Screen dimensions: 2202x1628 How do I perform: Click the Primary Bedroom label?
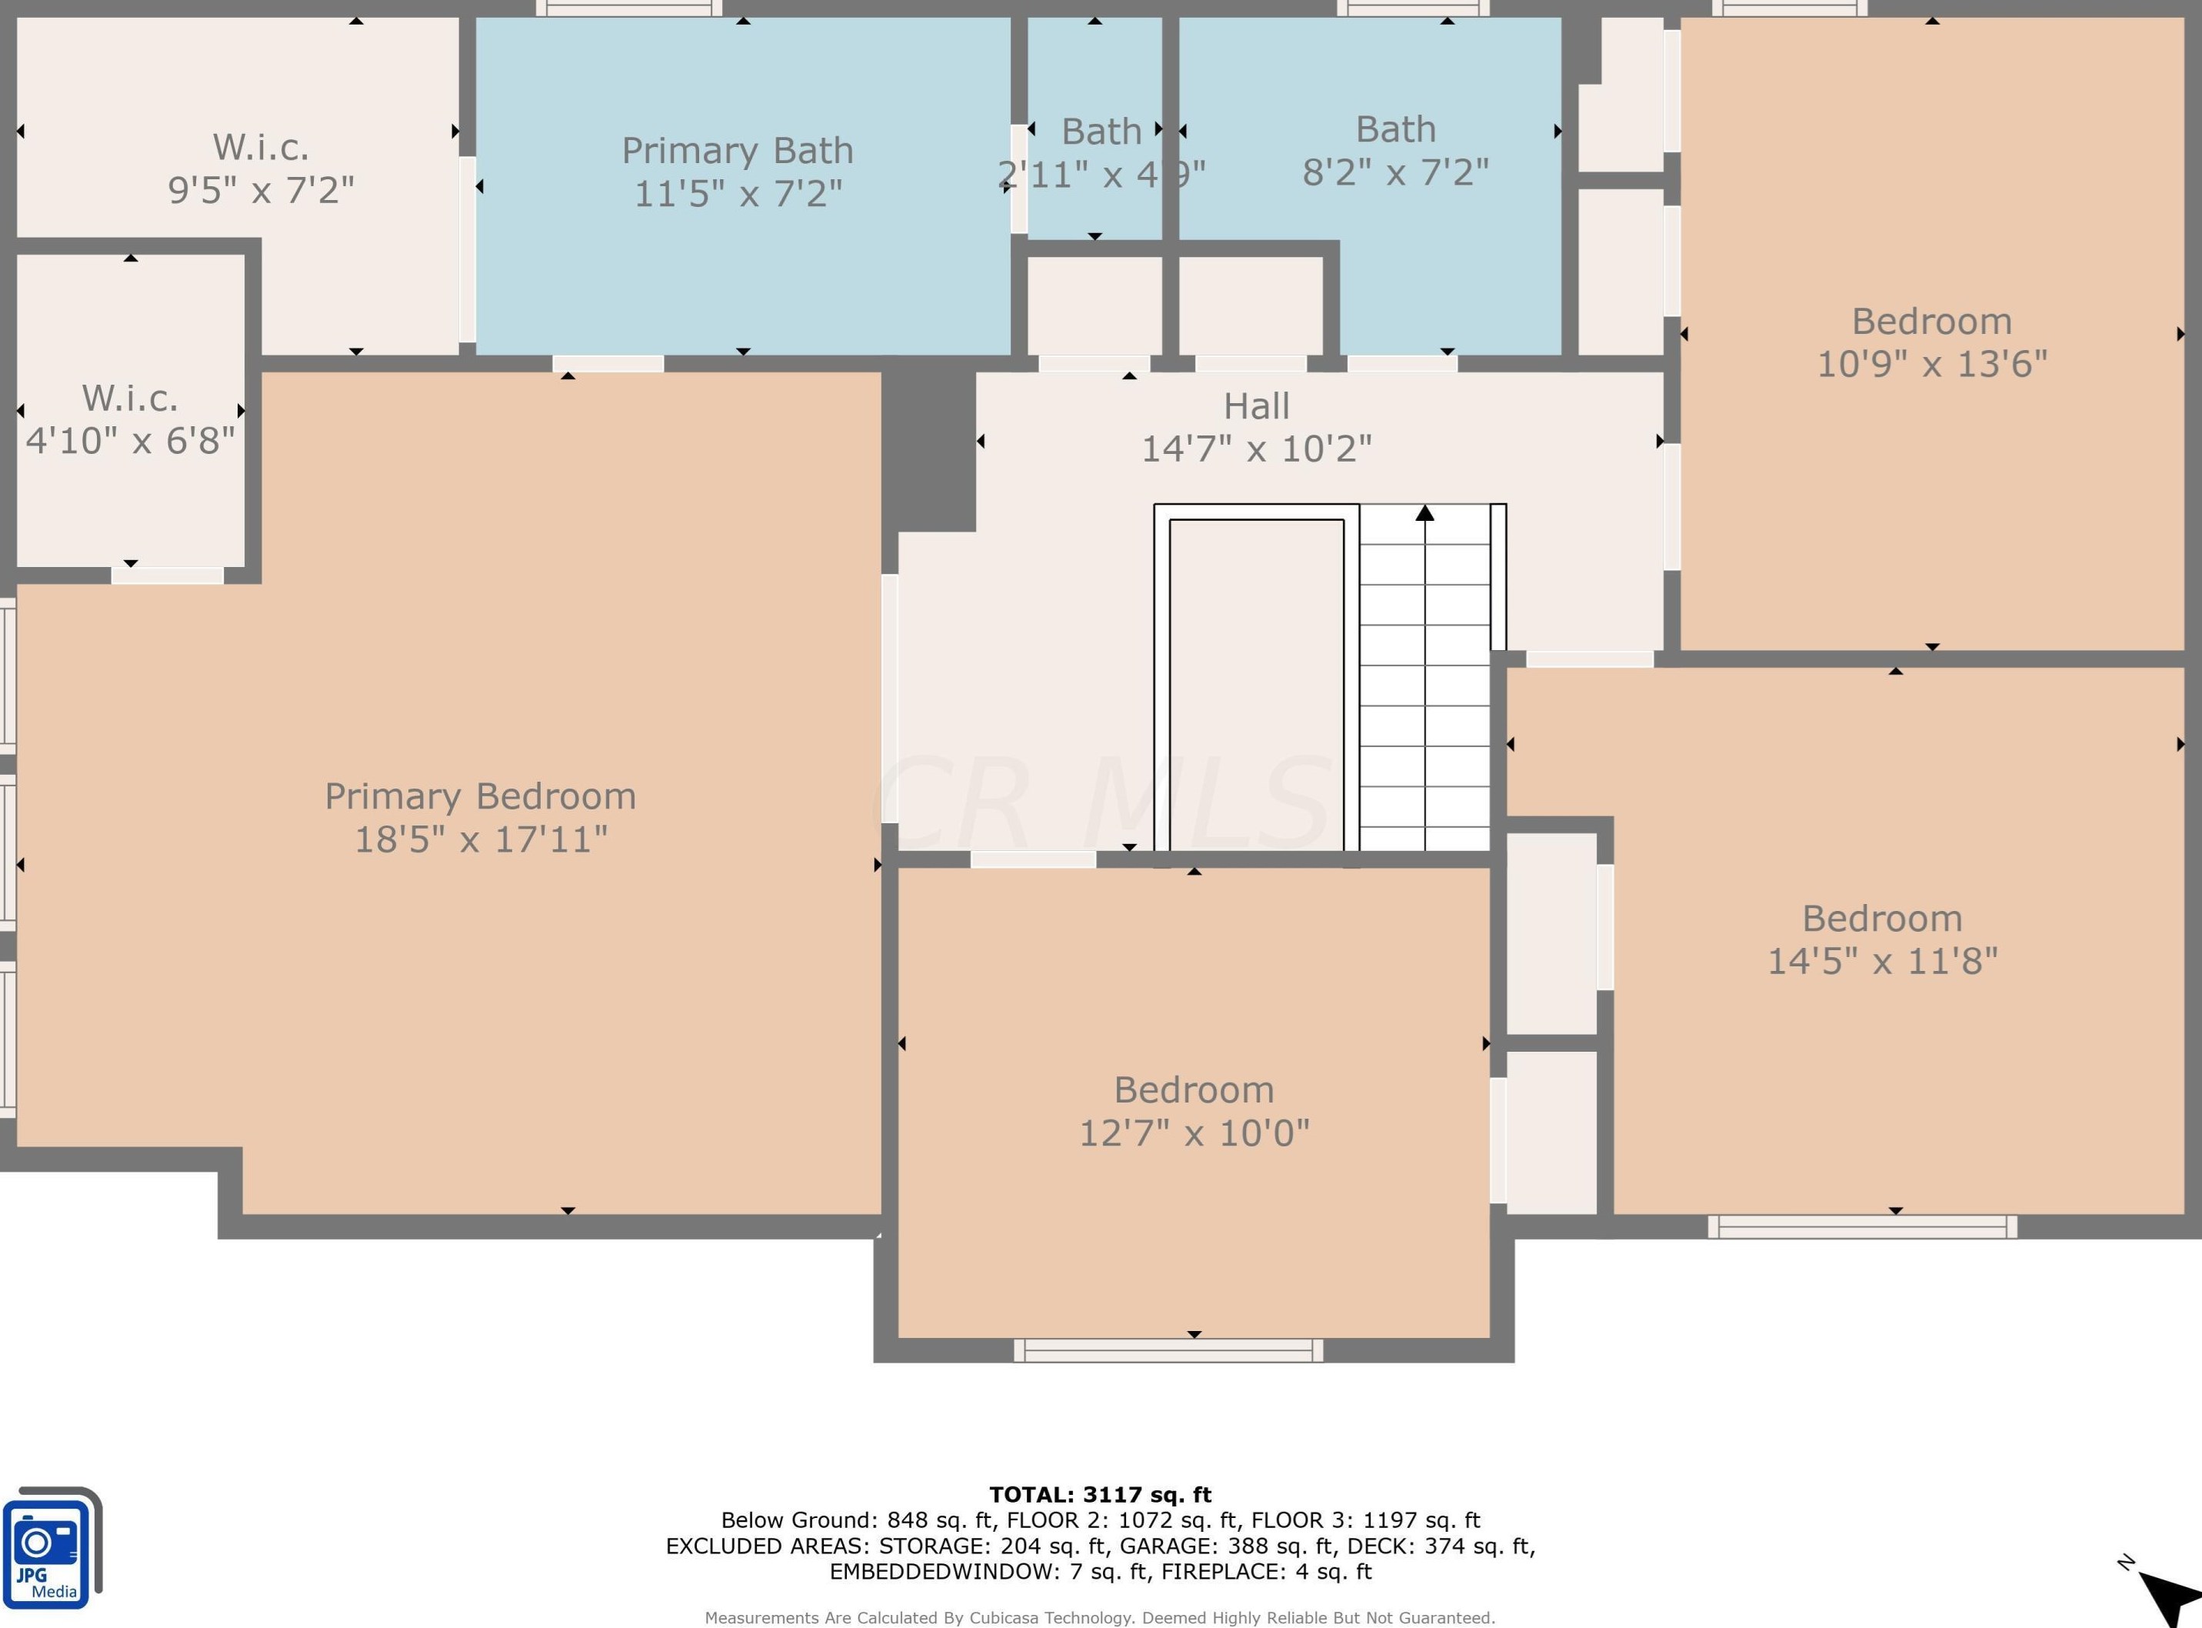click(480, 796)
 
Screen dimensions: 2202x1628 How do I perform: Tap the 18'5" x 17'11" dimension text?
click(480, 839)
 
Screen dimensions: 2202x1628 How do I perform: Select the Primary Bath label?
click(737, 151)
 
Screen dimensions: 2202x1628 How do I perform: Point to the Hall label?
click(1256, 406)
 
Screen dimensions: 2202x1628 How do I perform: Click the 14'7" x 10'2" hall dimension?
click(1256, 449)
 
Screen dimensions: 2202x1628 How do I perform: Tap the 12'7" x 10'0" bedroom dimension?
click(1194, 1133)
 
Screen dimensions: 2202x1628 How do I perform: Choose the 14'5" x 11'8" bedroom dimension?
click(1882, 961)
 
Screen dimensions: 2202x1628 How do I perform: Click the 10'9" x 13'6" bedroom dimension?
click(1931, 364)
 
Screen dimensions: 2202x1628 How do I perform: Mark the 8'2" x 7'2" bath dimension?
click(1395, 172)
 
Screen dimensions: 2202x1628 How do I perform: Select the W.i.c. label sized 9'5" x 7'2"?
click(261, 148)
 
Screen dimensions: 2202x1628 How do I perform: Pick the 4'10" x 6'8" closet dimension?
click(130, 441)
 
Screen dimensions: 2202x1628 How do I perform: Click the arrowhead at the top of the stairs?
click(1424, 512)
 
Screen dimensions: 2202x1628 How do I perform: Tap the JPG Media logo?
click(52, 1548)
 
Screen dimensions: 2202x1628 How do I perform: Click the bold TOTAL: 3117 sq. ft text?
click(1101, 1495)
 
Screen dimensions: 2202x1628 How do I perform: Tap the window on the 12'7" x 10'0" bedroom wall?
click(1168, 1350)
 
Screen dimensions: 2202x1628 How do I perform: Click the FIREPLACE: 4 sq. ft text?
click(1266, 1572)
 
